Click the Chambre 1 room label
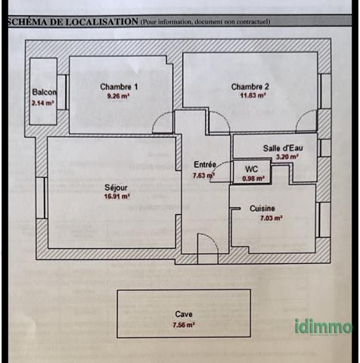pos(119,87)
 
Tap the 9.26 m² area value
pos(119,96)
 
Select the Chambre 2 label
pos(250,87)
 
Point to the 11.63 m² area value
pos(253,95)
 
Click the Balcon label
pos(45,92)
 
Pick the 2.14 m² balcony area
pos(43,103)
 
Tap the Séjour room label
pos(116,188)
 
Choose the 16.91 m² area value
pos(117,197)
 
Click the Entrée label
pos(205,165)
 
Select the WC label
pos(251,169)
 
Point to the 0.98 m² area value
pos(253,178)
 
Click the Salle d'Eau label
pos(283,148)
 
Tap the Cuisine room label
pos(262,209)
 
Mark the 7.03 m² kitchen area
pos(272,218)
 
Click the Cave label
pos(184,314)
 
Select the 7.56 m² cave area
pos(184,325)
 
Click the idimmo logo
pos(324,327)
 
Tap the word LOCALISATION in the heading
pos(102,22)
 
